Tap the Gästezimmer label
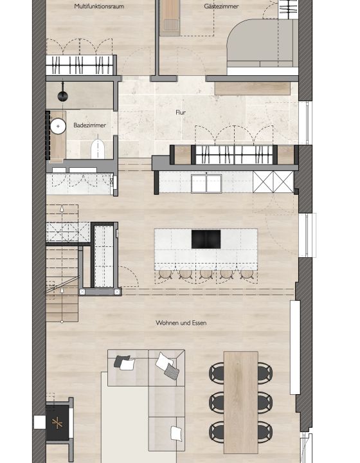(x=221, y=6)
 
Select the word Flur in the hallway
(x=181, y=112)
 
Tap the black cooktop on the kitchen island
(x=206, y=239)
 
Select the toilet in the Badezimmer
(x=98, y=148)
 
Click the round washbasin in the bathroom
(x=59, y=126)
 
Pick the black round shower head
(x=62, y=96)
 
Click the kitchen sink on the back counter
(x=206, y=183)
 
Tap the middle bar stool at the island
(x=206, y=273)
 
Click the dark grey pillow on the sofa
(x=122, y=362)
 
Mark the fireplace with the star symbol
(x=58, y=422)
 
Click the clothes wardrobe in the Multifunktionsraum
(x=80, y=65)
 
